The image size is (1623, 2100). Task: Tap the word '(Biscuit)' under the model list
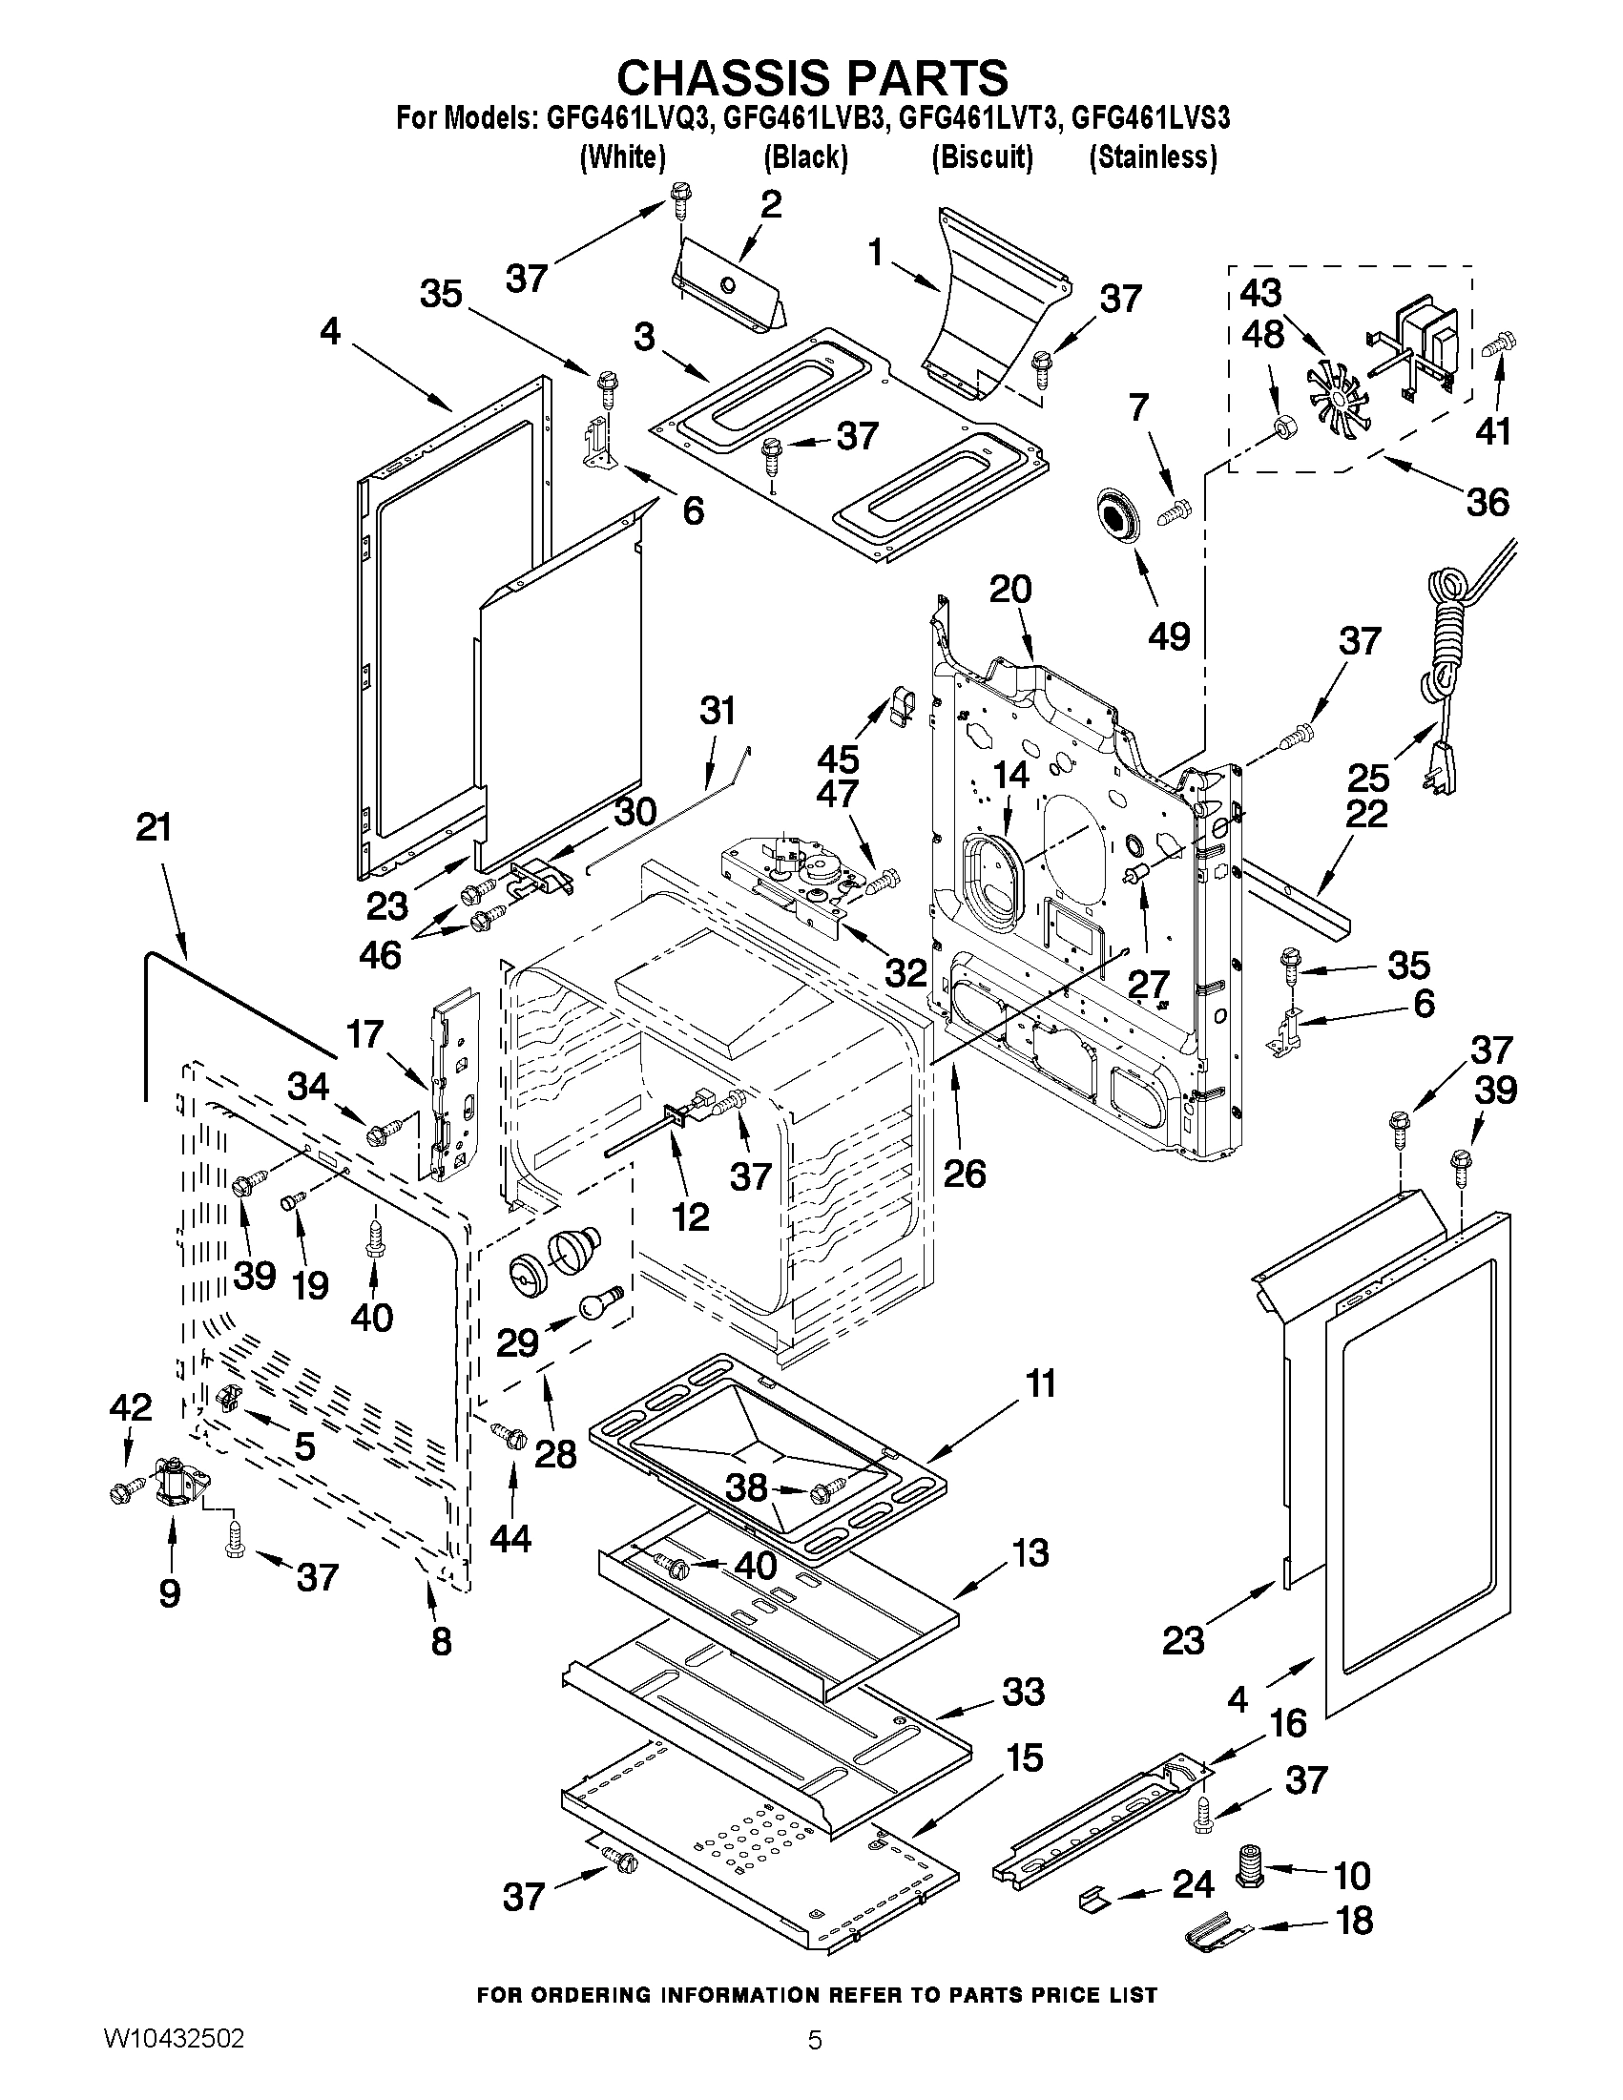tap(982, 156)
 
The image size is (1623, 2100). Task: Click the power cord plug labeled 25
tap(1439, 767)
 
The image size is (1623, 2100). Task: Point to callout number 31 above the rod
tap(717, 712)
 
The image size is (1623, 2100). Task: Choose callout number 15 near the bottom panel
tap(1024, 1757)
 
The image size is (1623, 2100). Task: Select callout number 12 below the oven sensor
tap(690, 1217)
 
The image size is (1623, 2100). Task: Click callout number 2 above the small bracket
tap(769, 204)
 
